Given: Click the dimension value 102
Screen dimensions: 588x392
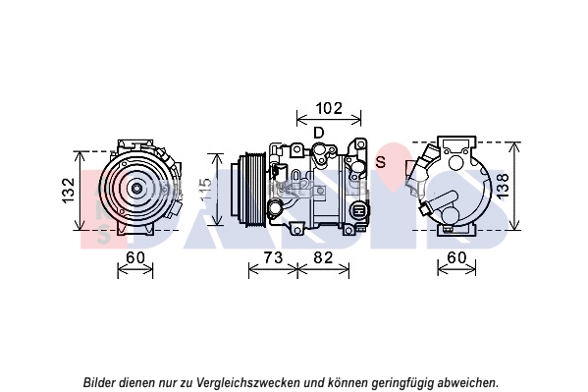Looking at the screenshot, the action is click(x=329, y=108).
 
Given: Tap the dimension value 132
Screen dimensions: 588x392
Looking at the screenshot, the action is click(x=69, y=191).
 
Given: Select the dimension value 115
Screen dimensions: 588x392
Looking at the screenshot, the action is click(x=205, y=191).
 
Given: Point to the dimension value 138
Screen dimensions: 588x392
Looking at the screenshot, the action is click(x=503, y=185).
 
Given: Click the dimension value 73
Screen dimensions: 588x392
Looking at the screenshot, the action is click(x=273, y=257).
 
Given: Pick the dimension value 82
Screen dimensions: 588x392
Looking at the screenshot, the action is click(x=323, y=257).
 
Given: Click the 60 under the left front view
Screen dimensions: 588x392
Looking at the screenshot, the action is click(x=135, y=257).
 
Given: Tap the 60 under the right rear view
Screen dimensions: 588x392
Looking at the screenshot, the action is click(x=456, y=257).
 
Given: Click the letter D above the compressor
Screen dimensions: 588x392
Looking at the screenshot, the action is click(x=318, y=133).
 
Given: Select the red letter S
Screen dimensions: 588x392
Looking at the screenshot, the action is click(x=381, y=162).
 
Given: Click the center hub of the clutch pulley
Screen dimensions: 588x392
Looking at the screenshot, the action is click(x=134, y=188).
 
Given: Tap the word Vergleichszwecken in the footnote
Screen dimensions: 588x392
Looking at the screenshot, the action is click(x=248, y=382).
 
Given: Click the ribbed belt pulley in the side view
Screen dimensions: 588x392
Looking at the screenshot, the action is click(x=256, y=191).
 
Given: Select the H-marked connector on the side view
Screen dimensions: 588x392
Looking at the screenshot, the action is click(x=361, y=211).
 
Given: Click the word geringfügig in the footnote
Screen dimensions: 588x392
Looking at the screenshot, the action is click(x=401, y=382).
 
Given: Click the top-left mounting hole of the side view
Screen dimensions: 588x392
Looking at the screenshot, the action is click(x=296, y=149).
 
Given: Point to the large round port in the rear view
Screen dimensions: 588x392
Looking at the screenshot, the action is click(x=456, y=163).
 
